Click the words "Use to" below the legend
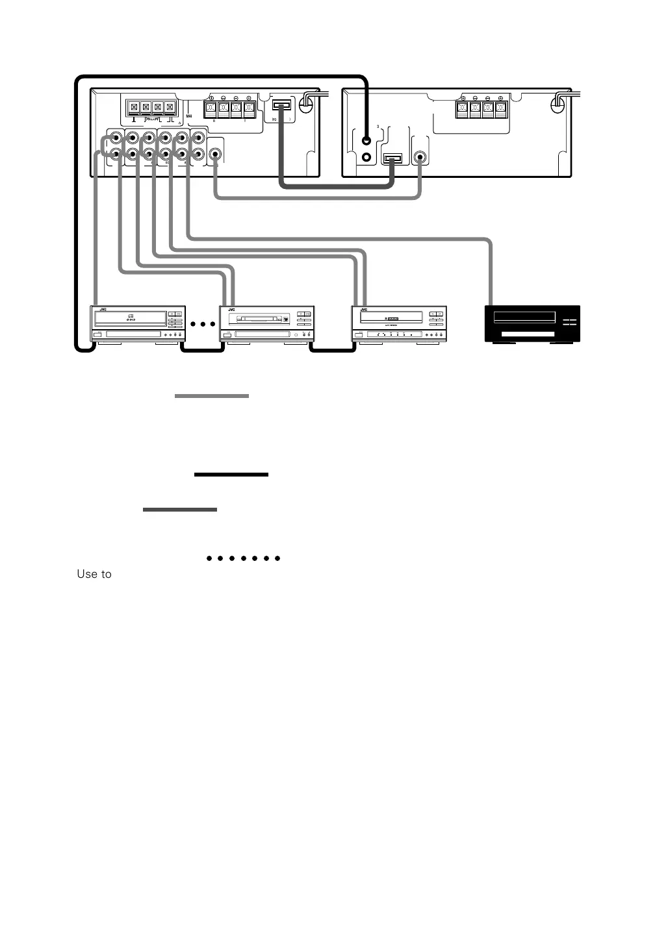click(x=94, y=574)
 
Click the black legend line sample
click(x=231, y=475)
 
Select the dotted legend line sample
click(x=242, y=558)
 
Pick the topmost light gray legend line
click(x=212, y=395)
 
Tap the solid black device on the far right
click(x=533, y=323)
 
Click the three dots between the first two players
click(x=203, y=323)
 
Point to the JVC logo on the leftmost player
click(x=103, y=310)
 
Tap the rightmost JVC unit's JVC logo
click(x=364, y=310)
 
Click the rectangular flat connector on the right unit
click(x=393, y=158)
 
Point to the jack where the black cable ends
click(x=367, y=140)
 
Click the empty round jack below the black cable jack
click(x=367, y=157)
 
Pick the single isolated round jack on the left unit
click(x=214, y=155)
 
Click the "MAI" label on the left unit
click(x=189, y=117)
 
